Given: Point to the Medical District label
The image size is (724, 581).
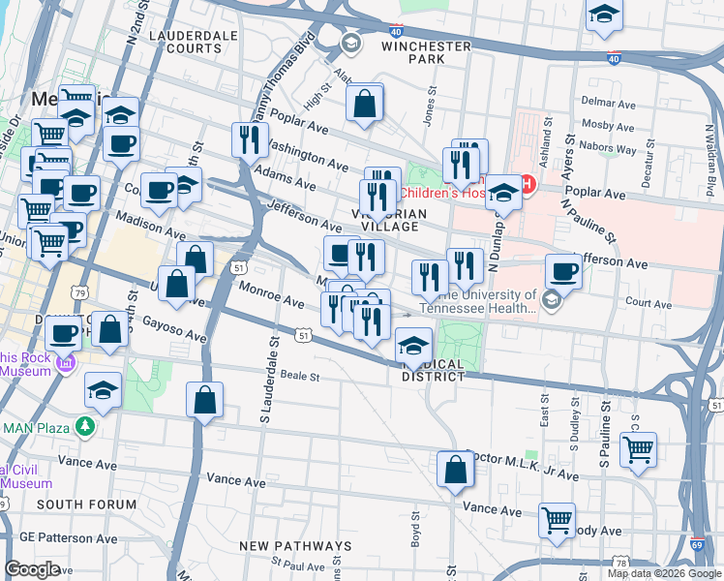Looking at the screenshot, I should pyautogui.click(x=427, y=370).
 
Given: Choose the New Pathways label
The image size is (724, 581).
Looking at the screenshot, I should pyautogui.click(x=295, y=546).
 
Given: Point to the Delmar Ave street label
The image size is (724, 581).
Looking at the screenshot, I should pyautogui.click(x=606, y=100).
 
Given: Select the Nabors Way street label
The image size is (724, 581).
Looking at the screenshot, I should pyautogui.click(x=610, y=149).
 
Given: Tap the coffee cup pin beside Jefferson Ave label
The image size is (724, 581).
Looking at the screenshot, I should pyautogui.click(x=563, y=270).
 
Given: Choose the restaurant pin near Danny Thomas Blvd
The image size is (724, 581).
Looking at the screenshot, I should pyautogui.click(x=250, y=139).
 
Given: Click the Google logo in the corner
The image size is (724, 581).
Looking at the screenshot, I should pyautogui.click(x=32, y=568).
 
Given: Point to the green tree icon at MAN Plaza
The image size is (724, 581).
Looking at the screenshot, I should pyautogui.click(x=86, y=425).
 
